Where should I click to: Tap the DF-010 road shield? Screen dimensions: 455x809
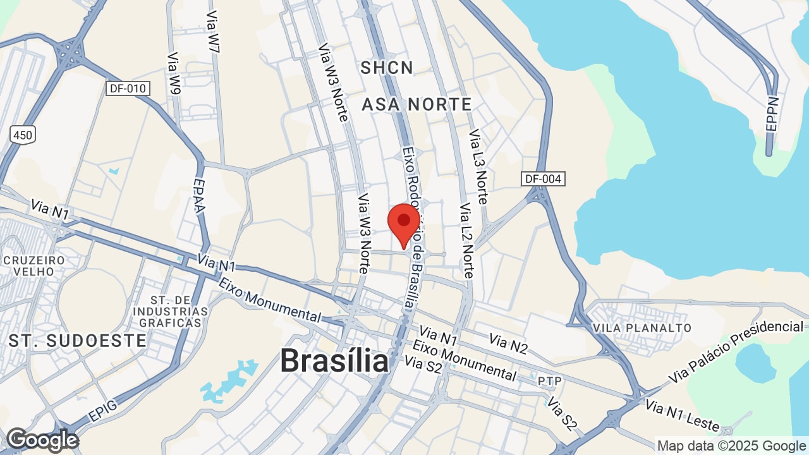coord(128,88)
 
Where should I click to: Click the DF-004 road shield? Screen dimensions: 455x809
coord(543,179)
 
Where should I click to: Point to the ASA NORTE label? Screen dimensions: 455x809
coord(417,104)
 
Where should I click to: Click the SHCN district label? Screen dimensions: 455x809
coord(387,68)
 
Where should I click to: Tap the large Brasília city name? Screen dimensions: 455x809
coord(334,361)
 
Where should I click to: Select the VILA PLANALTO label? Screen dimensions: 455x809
coord(642,328)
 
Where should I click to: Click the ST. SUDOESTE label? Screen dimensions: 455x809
coord(78,341)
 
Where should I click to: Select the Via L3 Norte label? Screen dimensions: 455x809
coord(478,166)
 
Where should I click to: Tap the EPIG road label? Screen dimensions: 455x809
coord(102,413)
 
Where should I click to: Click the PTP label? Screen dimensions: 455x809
coord(545,381)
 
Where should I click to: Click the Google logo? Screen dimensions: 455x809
coord(42,440)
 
